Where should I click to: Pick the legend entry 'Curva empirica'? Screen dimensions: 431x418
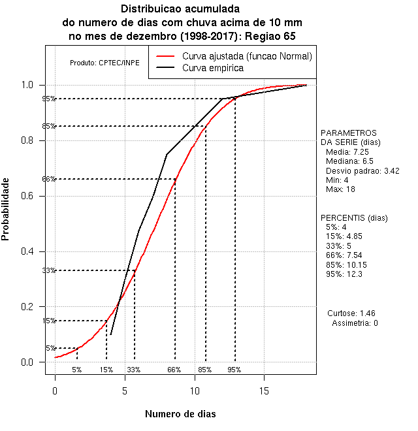pos(213,67)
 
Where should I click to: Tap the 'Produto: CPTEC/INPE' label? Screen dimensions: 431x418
pos(100,63)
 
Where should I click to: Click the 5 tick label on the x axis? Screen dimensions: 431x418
pos(125,391)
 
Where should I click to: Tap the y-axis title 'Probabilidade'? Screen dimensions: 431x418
pos(6,209)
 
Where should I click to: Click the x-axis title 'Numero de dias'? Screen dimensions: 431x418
pos(180,414)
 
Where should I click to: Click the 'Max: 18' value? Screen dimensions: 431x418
pos(340,189)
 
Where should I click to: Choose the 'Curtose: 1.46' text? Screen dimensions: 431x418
pos(355,313)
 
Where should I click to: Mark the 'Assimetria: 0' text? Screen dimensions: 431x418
pos(355,323)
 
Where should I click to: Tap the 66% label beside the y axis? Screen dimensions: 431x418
pos(48,179)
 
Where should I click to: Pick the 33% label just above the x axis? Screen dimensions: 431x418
pos(134,370)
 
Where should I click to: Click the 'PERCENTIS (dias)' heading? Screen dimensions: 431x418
pos(354,217)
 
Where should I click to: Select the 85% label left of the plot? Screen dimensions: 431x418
pos(48,126)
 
